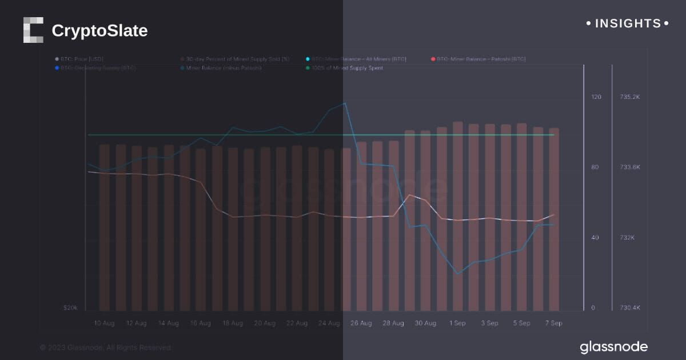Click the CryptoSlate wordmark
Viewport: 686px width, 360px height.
[x=99, y=30]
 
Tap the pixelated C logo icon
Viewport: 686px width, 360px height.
[x=33, y=30]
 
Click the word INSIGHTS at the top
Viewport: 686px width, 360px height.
[x=628, y=23]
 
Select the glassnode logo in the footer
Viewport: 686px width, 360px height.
[x=613, y=347]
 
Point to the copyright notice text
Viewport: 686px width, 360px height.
[x=106, y=347]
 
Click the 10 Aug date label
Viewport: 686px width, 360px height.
[x=104, y=323]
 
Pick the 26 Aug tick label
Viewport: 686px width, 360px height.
[x=361, y=323]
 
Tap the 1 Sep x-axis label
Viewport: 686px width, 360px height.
[x=457, y=323]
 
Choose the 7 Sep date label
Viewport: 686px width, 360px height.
[x=553, y=323]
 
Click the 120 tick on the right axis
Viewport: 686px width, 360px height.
[x=596, y=97]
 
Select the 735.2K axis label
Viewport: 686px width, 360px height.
[x=630, y=97]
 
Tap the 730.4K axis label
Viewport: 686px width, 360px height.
[x=630, y=308]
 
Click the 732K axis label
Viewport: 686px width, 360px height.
[x=627, y=238]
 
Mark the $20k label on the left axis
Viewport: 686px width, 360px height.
[x=70, y=308]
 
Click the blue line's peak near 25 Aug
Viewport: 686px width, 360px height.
[x=345, y=103]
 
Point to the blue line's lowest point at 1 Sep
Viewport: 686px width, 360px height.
[x=457, y=274]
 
